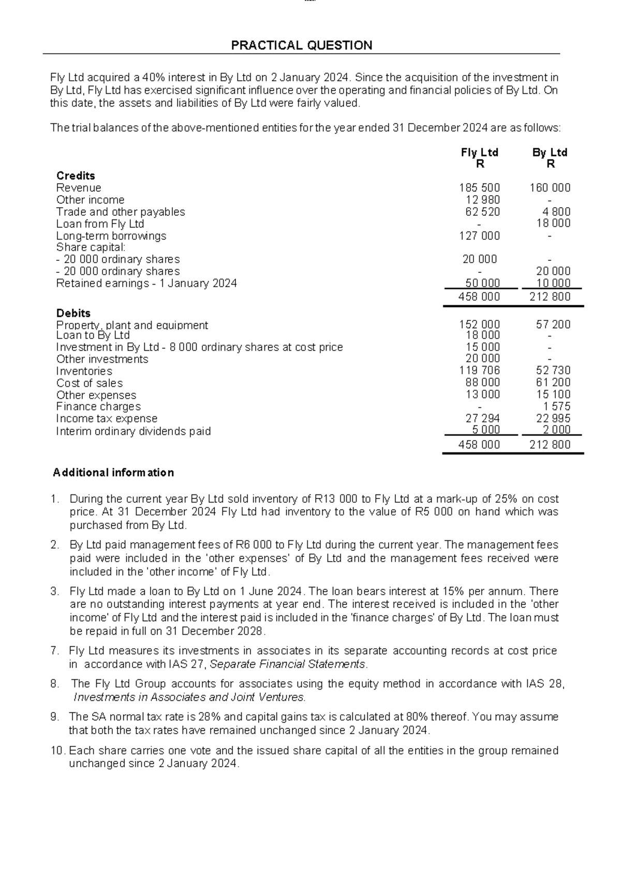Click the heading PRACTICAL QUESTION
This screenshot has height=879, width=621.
click(x=301, y=46)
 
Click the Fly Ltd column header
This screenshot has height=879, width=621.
click(x=479, y=152)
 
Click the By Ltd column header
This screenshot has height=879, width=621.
click(x=550, y=152)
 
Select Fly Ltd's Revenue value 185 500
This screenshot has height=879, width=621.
click(x=479, y=188)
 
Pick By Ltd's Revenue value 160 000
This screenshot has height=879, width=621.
click(x=550, y=188)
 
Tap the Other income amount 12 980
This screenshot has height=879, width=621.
click(x=483, y=200)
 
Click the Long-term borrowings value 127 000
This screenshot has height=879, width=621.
click(x=479, y=236)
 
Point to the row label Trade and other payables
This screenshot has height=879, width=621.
click(x=120, y=212)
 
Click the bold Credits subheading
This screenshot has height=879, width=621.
click(x=76, y=175)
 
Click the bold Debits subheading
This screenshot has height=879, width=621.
click(x=73, y=313)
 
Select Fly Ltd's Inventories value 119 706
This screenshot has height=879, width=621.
click(x=479, y=371)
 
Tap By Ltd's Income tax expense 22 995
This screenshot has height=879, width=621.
click(x=553, y=419)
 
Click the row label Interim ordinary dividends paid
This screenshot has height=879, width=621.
click(x=133, y=431)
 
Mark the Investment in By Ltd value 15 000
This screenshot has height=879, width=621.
click(x=483, y=347)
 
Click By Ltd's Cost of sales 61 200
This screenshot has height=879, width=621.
click(x=553, y=383)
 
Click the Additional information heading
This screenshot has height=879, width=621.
click(x=113, y=473)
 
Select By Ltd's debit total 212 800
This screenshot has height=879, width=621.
click(x=550, y=445)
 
